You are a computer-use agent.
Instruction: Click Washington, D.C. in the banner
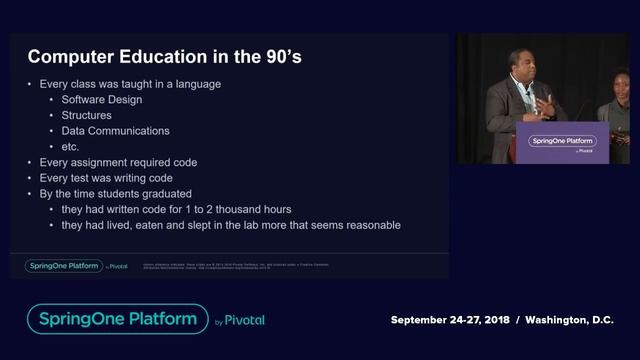(567, 320)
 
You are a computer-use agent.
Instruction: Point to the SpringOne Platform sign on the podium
(562, 142)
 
